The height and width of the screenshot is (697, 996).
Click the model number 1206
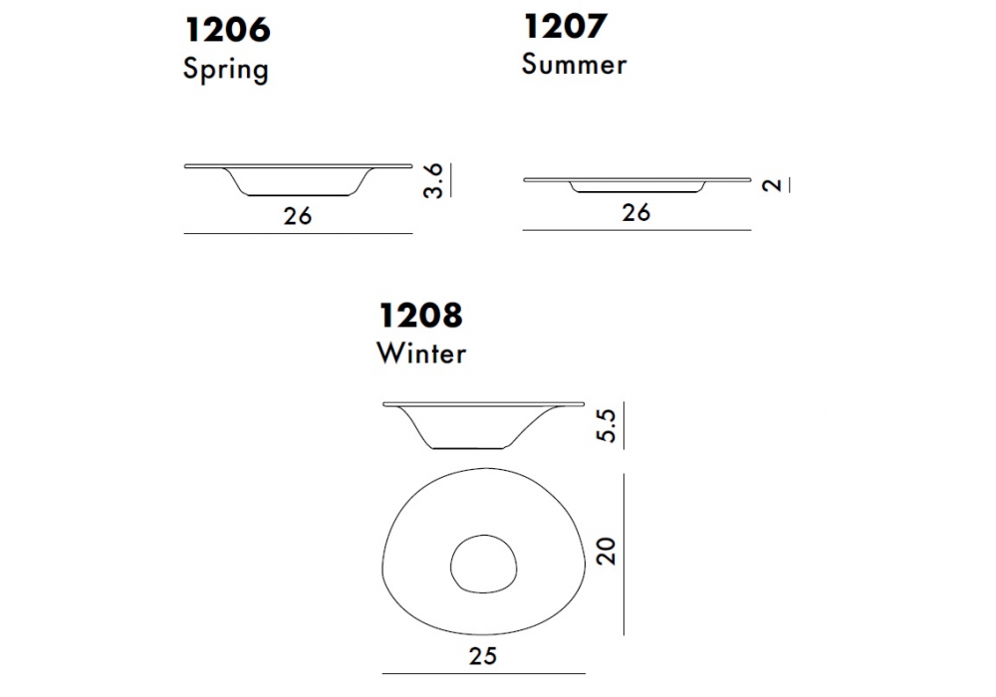227,31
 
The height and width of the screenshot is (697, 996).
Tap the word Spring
226,69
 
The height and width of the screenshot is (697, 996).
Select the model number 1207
566,27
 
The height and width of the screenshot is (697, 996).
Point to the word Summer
575,64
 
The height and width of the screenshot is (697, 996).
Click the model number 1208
420,316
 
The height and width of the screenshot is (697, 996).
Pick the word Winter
421,352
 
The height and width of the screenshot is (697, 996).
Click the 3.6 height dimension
432,181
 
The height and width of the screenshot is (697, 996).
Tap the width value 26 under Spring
297,216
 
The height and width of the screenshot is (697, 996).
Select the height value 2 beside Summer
772,185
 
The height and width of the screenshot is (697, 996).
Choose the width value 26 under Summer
635,213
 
